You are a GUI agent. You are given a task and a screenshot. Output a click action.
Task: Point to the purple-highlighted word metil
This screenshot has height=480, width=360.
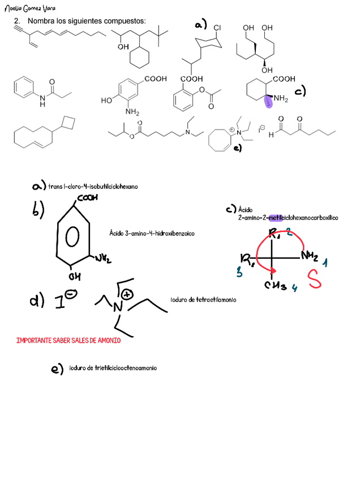(275, 217)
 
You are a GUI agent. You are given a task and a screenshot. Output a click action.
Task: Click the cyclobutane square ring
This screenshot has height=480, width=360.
(68, 122)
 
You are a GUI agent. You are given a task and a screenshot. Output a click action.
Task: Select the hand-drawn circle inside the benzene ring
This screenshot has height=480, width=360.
(73, 238)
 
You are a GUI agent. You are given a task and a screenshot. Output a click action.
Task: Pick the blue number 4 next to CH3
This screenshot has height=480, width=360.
(294, 288)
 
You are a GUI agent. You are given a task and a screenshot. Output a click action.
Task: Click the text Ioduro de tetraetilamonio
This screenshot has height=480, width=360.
(203, 299)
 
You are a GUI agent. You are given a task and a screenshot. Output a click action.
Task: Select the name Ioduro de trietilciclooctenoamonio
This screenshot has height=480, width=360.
(113, 368)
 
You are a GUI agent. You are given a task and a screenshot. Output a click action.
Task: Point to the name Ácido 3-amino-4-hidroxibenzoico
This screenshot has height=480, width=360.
(151, 233)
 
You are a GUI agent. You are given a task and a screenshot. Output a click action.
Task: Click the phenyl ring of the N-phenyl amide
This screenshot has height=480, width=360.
(23, 88)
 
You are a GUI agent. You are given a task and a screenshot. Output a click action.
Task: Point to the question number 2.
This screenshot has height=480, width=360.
(17, 21)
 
